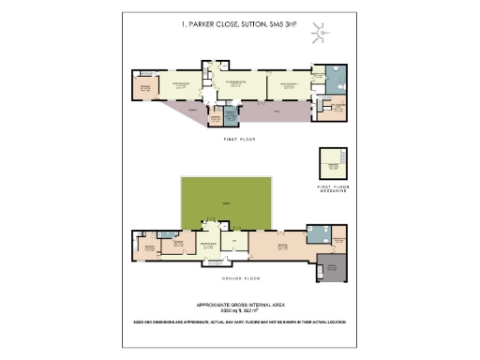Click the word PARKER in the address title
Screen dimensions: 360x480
(204, 27)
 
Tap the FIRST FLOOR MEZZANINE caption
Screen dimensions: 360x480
(332, 188)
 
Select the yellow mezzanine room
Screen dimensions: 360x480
(332, 164)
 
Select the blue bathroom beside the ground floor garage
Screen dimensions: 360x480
(319, 236)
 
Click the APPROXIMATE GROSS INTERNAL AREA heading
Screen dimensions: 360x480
(240, 306)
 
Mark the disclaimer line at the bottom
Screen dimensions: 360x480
(240, 322)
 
